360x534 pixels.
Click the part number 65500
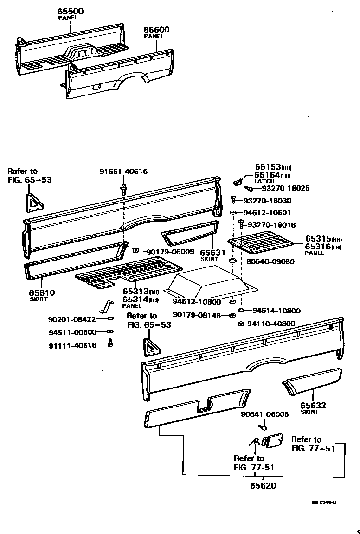pyautogui.click(x=71, y=11)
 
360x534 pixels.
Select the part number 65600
pyautogui.click(x=156, y=30)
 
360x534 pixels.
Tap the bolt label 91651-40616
pyautogui.click(x=123, y=172)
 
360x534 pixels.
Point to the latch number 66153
pyautogui.click(x=268, y=167)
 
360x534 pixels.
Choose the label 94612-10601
pyautogui.click(x=267, y=213)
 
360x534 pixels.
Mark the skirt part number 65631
pyautogui.click(x=212, y=253)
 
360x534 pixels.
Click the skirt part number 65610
pyautogui.click(x=42, y=292)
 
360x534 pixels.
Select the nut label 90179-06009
pyautogui.click(x=170, y=252)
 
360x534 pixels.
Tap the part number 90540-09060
pyautogui.click(x=270, y=261)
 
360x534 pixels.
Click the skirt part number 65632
pyautogui.click(x=314, y=406)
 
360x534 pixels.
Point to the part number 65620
pyautogui.click(x=263, y=486)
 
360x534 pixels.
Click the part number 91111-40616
pyautogui.click(x=72, y=345)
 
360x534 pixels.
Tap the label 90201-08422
pyautogui.click(x=72, y=319)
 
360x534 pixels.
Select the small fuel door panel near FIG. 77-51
pyautogui.click(x=272, y=440)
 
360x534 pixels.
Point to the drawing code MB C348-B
pyautogui.click(x=323, y=502)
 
